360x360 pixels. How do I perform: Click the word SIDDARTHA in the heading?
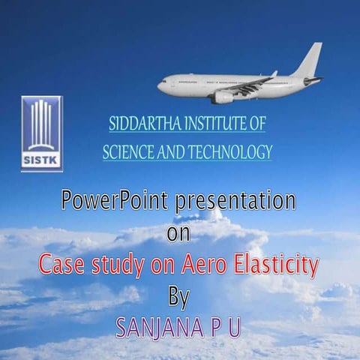coord(145,123)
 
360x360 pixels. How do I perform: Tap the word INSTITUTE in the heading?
coord(214,123)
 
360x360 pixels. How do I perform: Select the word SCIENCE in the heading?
coord(129,151)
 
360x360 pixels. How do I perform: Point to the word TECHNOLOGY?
coord(230,151)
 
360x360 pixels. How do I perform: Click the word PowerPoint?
coord(115,200)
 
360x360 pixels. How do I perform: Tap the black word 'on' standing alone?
coord(178,233)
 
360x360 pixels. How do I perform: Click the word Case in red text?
coord(61,264)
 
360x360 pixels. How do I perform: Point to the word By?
coord(179,298)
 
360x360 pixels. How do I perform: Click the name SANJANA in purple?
coord(160,328)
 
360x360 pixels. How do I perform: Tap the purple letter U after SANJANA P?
coord(234,328)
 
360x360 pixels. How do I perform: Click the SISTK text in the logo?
coord(42,160)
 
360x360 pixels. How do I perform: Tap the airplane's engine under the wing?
coord(223,97)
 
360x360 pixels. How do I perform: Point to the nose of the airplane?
coord(160,85)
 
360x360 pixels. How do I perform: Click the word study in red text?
coord(118,265)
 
